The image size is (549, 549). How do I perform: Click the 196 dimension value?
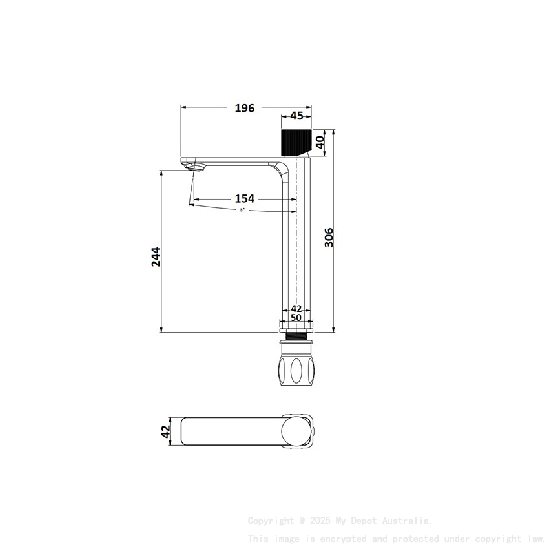point(244,108)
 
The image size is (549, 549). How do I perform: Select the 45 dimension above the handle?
point(296,116)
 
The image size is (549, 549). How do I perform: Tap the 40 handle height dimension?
point(319,141)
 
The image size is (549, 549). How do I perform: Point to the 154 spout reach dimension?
point(244,199)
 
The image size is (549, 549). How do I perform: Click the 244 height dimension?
point(156,256)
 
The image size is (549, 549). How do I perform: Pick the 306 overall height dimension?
point(329,238)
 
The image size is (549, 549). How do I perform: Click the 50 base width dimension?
point(296,318)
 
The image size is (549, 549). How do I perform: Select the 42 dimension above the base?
point(296,309)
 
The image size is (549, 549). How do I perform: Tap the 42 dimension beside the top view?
point(165,431)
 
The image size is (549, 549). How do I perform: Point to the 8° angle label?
point(242,210)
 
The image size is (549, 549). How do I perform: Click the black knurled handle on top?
point(296,142)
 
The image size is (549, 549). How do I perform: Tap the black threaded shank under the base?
point(296,337)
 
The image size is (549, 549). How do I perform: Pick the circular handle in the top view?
point(296,431)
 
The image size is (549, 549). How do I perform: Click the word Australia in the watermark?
point(408,521)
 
